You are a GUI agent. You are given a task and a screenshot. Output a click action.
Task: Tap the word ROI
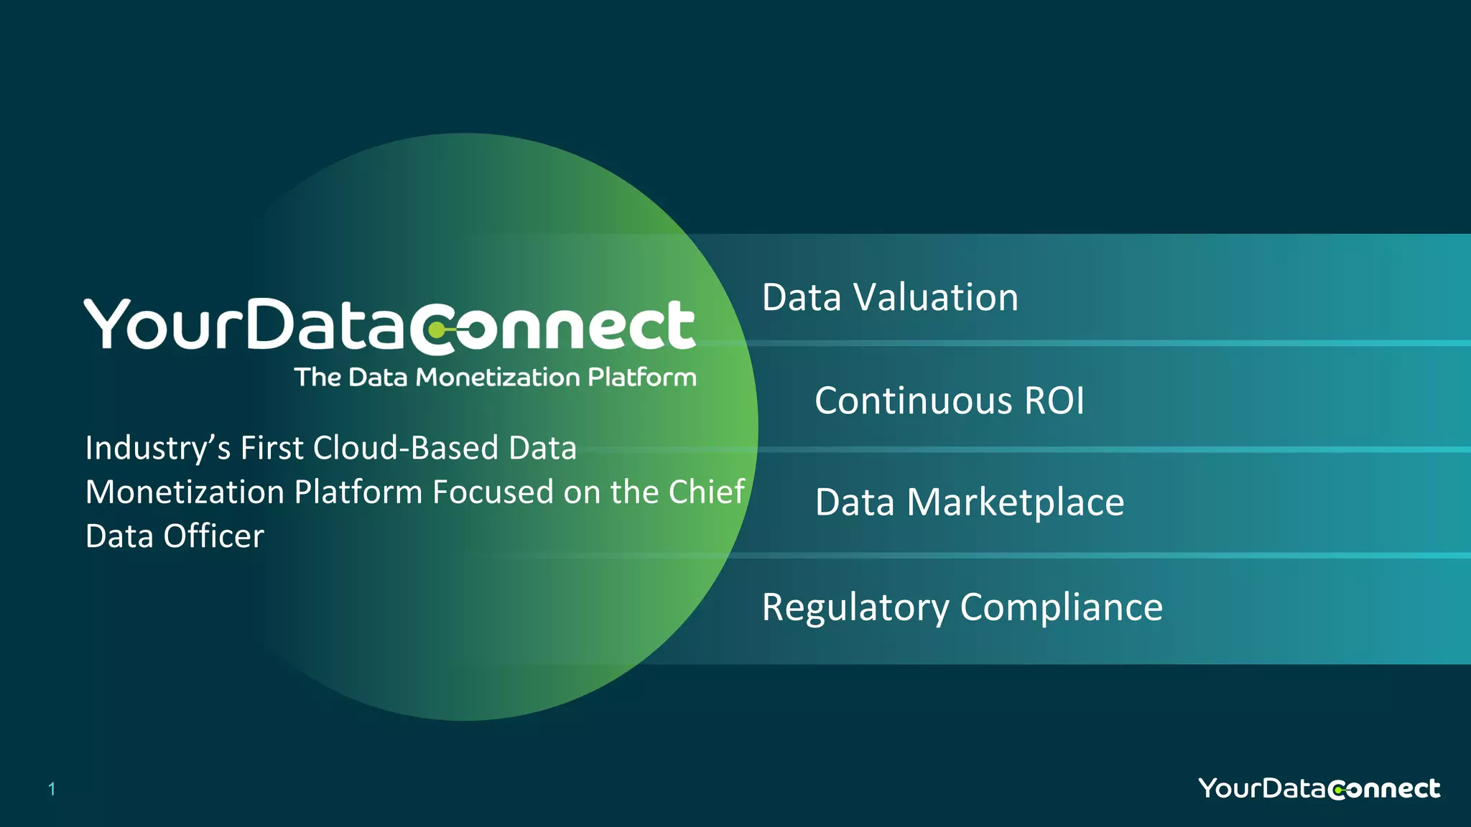click(1054, 401)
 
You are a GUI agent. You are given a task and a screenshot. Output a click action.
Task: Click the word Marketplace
click(1015, 503)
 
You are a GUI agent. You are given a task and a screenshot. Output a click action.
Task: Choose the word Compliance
click(1061, 607)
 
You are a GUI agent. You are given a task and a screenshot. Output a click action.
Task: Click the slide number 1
click(52, 790)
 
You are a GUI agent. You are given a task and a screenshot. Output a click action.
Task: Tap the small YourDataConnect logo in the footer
click(1319, 788)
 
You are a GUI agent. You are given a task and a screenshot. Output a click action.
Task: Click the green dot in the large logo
click(436, 330)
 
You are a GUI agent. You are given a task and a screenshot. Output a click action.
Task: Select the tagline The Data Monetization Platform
click(495, 377)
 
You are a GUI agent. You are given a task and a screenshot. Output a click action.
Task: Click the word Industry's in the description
click(158, 448)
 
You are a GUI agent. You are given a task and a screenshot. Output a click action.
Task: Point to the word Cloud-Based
click(406, 448)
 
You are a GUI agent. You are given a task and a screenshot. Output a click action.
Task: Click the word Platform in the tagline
click(641, 377)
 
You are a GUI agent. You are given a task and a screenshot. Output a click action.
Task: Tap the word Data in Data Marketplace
click(855, 503)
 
